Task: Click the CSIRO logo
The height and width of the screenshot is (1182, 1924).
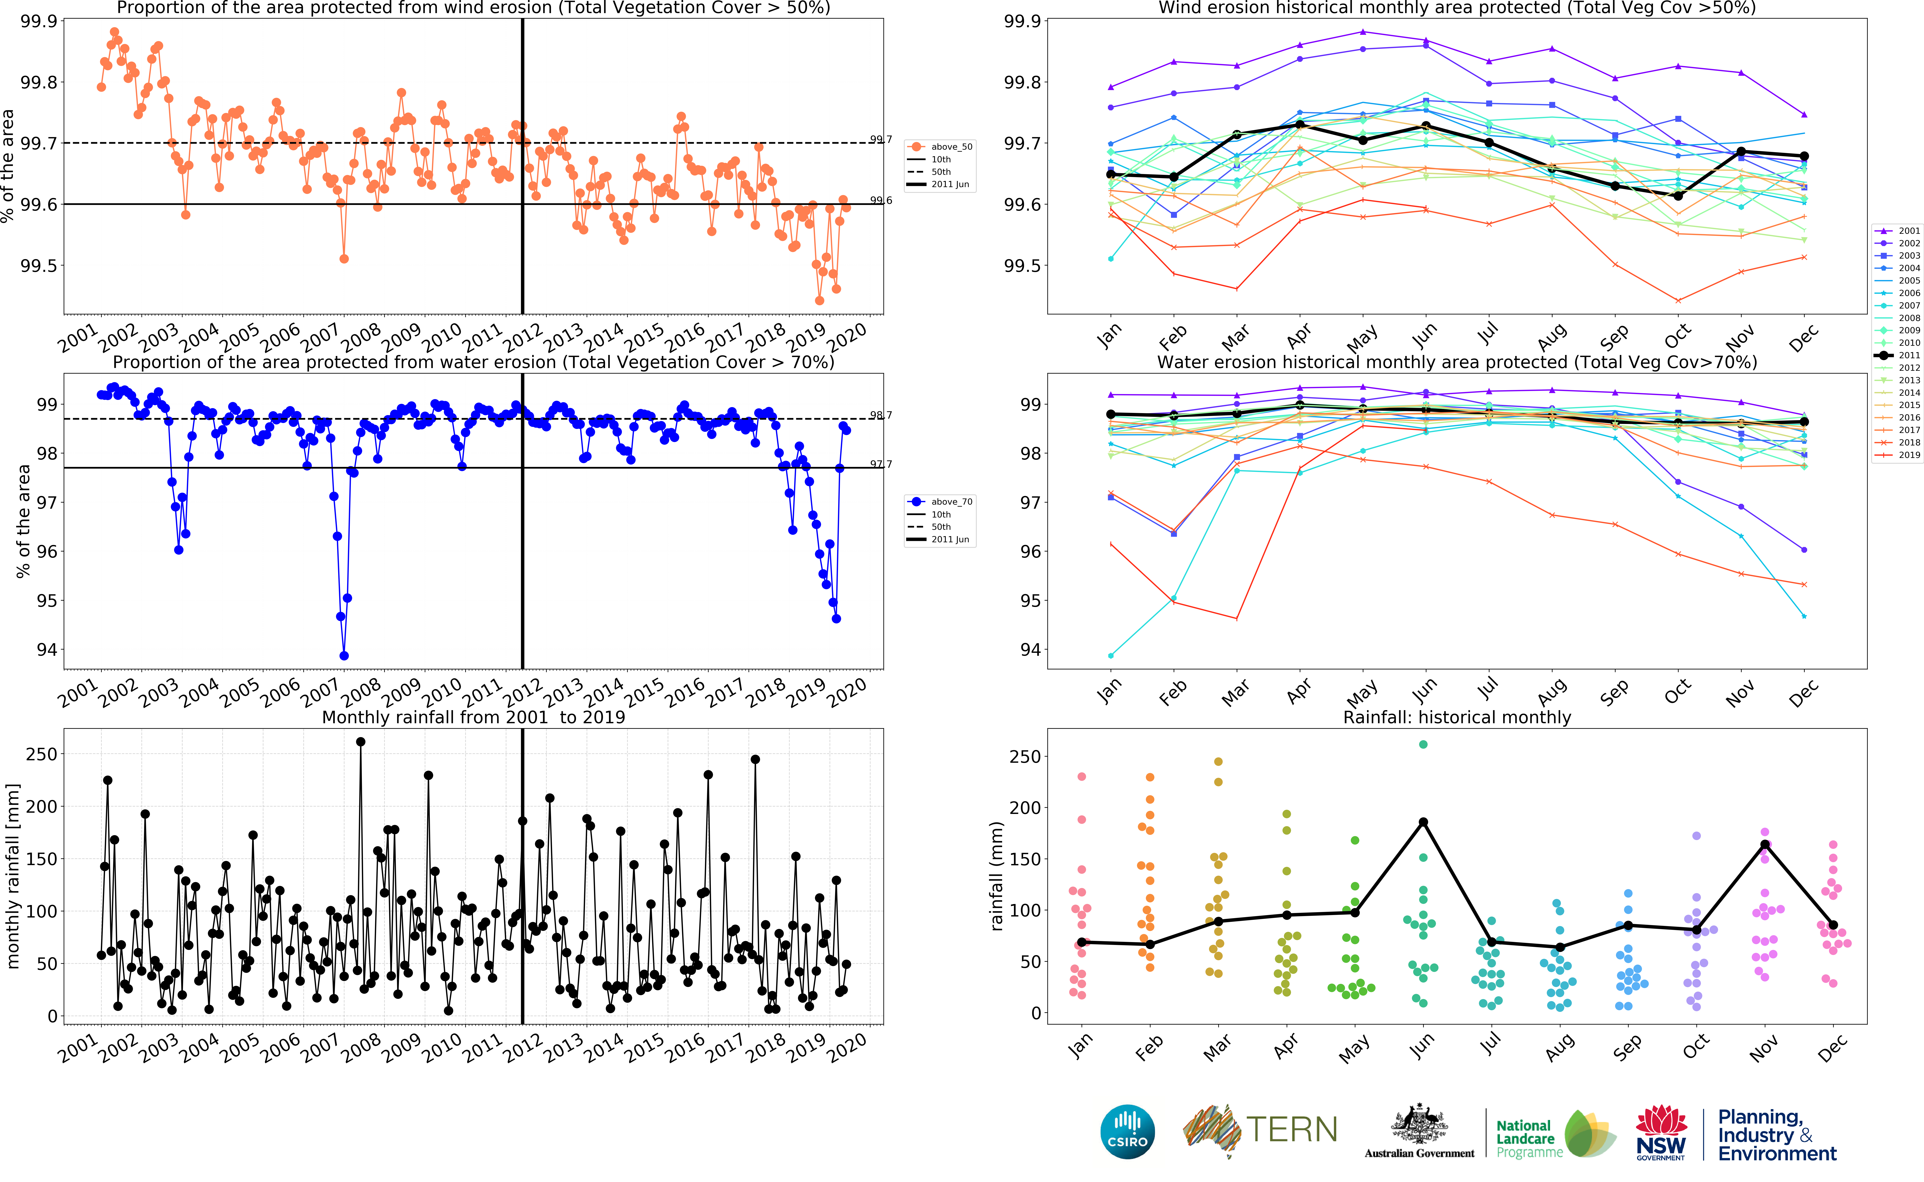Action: [1127, 1131]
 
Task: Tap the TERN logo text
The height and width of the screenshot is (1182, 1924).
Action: [1291, 1130]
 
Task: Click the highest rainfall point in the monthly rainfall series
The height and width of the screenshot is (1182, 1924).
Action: [360, 742]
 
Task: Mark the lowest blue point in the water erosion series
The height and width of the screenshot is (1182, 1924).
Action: [344, 656]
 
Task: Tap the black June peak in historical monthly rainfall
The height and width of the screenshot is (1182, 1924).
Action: [1423, 822]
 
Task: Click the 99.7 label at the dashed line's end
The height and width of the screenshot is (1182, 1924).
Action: [881, 140]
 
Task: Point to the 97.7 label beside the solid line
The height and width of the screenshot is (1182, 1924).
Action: [881, 464]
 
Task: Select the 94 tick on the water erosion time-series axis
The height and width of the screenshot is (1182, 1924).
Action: [47, 650]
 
